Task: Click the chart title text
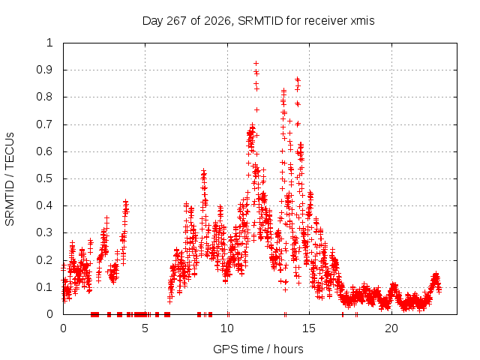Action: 258,21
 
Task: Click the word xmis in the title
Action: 362,21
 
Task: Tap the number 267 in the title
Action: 176,21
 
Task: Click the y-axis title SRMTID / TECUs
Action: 10,179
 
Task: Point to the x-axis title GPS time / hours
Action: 258,349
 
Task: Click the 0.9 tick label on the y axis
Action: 44,70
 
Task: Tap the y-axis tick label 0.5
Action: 44,178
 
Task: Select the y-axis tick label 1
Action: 49,43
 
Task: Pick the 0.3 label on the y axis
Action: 44,232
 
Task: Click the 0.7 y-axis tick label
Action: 44,124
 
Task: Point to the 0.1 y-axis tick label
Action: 44,287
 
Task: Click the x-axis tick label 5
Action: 145,328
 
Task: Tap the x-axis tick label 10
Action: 227,328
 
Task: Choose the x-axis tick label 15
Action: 309,328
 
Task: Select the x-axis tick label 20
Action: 391,328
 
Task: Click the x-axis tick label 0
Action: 63,328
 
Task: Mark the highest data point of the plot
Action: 256,63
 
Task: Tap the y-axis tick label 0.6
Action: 44,151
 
